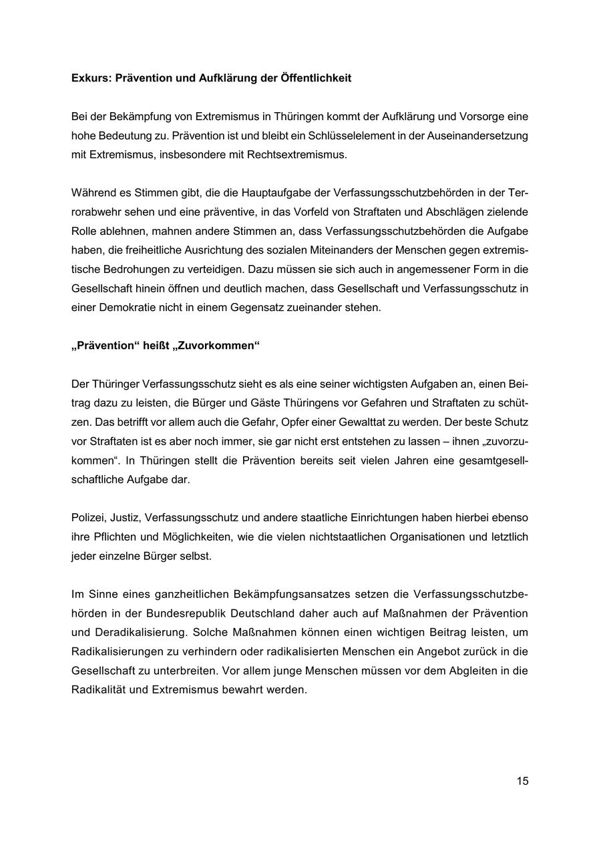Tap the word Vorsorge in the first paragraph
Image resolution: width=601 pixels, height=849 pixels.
tap(478, 116)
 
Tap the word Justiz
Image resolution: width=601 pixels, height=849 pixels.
tap(125, 517)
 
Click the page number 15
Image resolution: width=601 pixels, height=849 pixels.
tap(522, 781)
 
